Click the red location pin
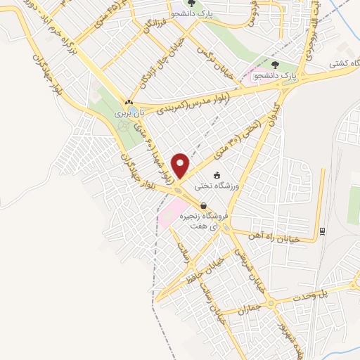(181, 165)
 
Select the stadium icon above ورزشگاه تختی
(217, 175)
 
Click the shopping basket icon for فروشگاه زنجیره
(203, 206)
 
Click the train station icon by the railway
(322, 231)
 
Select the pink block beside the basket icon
(173, 212)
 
